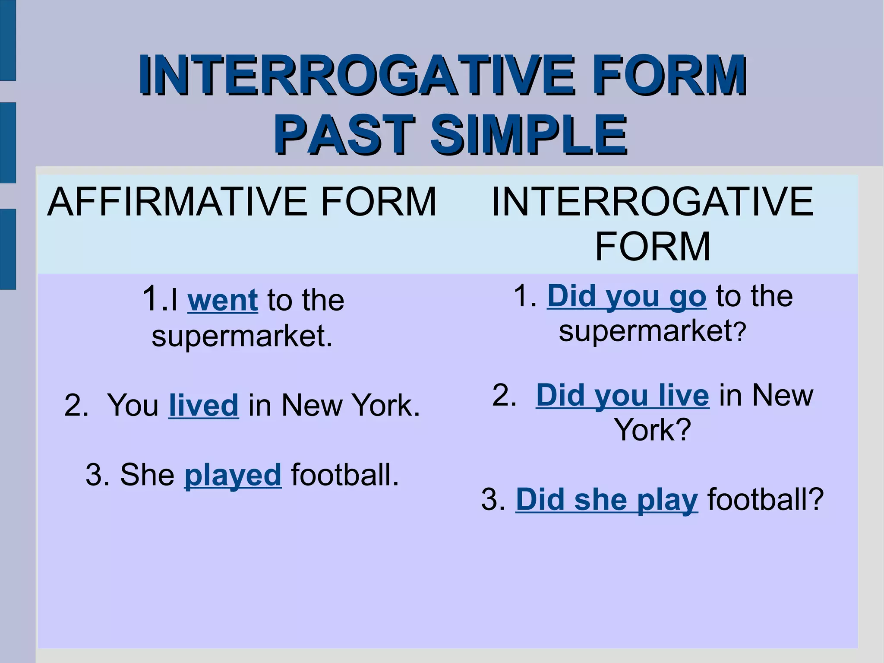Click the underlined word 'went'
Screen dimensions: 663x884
click(223, 300)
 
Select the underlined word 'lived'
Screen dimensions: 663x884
click(203, 406)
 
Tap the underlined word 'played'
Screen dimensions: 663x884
click(233, 475)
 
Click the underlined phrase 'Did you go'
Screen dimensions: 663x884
click(627, 297)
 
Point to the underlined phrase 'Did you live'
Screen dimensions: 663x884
click(622, 396)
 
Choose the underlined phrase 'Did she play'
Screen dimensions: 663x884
click(606, 500)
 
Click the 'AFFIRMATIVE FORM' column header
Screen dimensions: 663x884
click(242, 202)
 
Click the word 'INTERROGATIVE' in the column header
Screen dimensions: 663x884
click(653, 202)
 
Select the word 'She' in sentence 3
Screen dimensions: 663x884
click(147, 475)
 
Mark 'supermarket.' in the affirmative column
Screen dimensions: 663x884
click(242, 336)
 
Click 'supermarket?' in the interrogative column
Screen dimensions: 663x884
click(652, 331)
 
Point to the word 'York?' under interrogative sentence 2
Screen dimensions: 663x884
click(653, 430)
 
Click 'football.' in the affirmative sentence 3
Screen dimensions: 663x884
click(345, 475)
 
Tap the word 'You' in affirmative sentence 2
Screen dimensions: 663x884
click(133, 406)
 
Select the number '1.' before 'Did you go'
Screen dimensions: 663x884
click(525, 297)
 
